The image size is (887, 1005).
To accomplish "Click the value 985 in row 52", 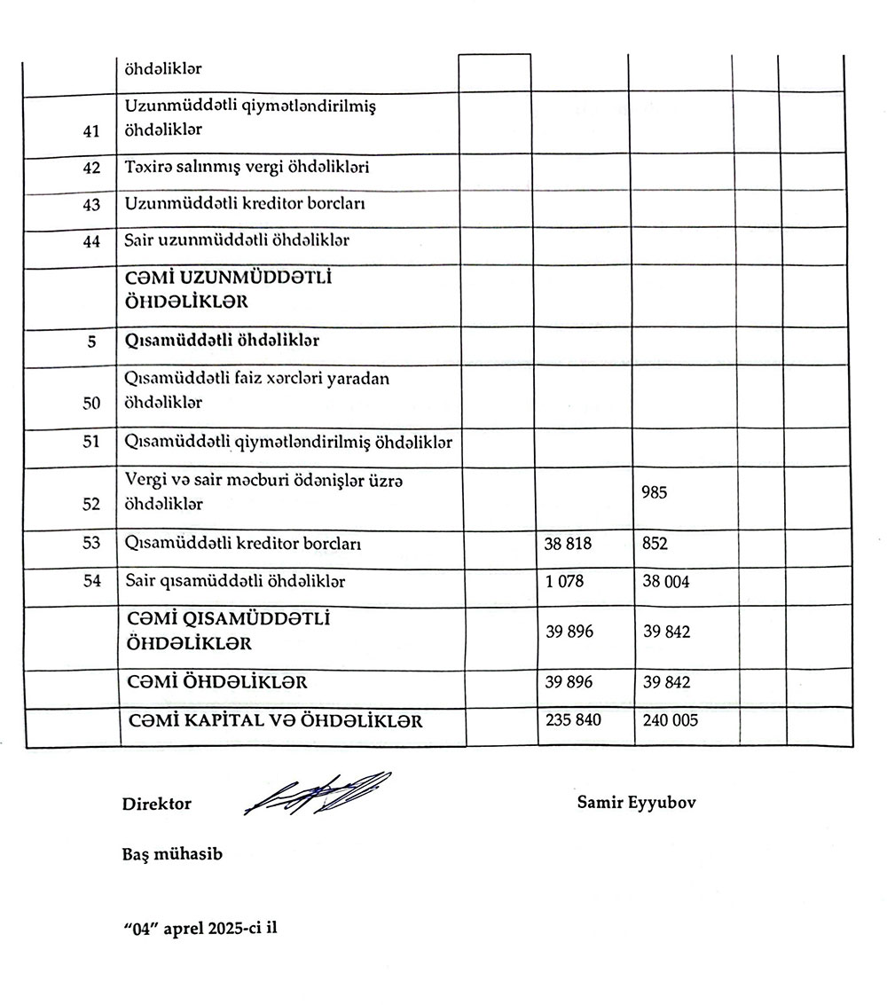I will (655, 492).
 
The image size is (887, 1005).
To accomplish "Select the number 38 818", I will (568, 545).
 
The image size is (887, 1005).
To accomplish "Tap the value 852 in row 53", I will (655, 545).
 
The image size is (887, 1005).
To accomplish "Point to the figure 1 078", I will (561, 582).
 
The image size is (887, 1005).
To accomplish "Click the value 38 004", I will (666, 582).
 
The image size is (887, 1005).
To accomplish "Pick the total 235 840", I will (573, 719).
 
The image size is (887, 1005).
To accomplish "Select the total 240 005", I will (670, 719).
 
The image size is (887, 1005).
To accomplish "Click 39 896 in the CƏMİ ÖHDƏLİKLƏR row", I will (569, 682).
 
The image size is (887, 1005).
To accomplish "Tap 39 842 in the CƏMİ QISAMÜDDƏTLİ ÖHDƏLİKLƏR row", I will (666, 632).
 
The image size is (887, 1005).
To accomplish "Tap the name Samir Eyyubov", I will (636, 802).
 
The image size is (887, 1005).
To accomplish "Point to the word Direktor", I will (157, 804).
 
